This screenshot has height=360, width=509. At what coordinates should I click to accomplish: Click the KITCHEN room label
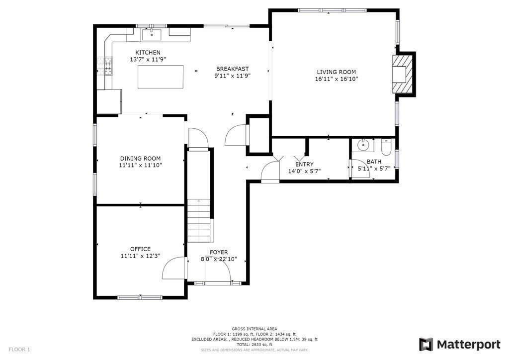148,53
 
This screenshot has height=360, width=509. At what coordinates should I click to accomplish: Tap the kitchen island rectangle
161,77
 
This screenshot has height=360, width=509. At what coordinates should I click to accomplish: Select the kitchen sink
152,34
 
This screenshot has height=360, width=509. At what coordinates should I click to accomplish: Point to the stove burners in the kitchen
104,66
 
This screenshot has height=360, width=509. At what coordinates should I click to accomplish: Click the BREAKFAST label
233,69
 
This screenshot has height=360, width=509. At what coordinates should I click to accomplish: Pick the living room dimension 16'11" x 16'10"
337,79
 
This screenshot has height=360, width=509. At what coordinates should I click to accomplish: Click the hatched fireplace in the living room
403,75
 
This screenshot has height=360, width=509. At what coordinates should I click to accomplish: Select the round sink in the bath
363,145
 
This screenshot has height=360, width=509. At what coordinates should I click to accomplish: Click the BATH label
374,162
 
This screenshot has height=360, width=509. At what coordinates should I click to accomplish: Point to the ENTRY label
305,165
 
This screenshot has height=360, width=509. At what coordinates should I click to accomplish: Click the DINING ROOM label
140,159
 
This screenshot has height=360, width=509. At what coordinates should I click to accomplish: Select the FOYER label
219,252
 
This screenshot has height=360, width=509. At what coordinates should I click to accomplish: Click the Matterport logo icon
426,345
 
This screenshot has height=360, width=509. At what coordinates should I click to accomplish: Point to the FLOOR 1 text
19,350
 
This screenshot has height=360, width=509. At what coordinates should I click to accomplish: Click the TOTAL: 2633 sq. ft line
254,345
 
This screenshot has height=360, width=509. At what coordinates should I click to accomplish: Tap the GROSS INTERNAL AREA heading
254,329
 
